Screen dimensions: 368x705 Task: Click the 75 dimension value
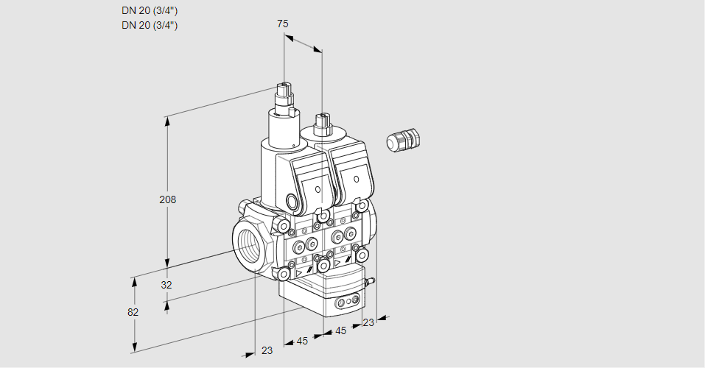[282, 24]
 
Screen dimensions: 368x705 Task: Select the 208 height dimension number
[169, 199]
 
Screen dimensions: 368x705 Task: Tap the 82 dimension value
[133, 312]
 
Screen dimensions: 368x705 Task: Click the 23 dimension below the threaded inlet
[267, 350]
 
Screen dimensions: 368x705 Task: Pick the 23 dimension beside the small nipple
[368, 322]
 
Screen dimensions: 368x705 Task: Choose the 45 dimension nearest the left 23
[302, 341]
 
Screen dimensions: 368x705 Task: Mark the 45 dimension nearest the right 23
[340, 331]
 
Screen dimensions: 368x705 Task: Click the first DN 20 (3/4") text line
[150, 10]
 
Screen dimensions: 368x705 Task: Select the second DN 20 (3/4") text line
[150, 25]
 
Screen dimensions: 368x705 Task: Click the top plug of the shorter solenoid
[321, 118]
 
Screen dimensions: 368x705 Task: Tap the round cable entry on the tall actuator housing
[292, 202]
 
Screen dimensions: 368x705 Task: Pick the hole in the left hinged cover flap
[318, 189]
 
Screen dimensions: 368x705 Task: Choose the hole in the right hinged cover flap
[357, 179]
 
